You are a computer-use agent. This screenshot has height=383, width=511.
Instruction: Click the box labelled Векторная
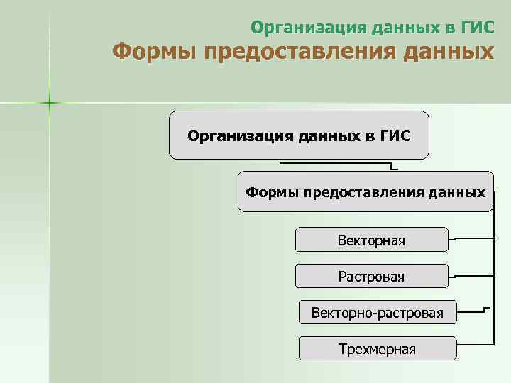pyautogui.click(x=371, y=240)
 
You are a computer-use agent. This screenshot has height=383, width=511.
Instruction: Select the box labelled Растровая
pyautogui.click(x=371, y=276)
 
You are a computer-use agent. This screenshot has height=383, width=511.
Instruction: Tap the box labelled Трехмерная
pyautogui.click(x=377, y=348)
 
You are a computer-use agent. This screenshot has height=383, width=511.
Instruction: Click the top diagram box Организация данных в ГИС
pyautogui.click(x=299, y=135)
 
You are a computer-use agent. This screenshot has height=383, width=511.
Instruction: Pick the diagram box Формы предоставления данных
pyautogui.click(x=366, y=191)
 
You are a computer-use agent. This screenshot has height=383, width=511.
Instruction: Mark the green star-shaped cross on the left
pyautogui.click(x=50, y=104)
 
